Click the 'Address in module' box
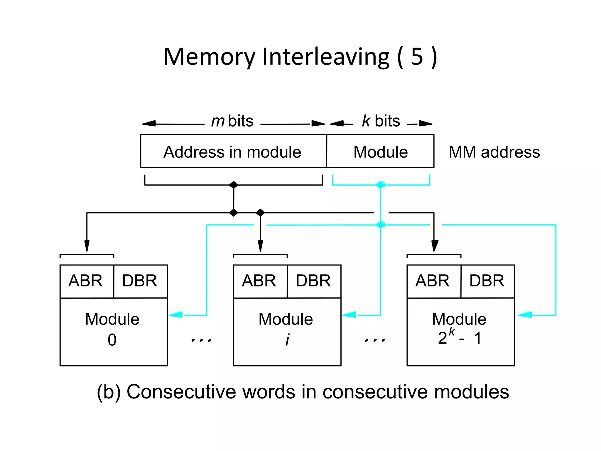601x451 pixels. (x=233, y=152)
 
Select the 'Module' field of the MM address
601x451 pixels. (x=380, y=152)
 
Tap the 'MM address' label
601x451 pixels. (x=494, y=152)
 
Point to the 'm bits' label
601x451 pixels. (x=232, y=121)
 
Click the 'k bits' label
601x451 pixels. (x=381, y=121)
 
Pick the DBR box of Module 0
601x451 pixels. (x=140, y=281)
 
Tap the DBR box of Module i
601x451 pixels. (x=314, y=281)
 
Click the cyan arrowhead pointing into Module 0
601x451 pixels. (x=176, y=315)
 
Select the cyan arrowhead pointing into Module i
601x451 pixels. (x=350, y=315)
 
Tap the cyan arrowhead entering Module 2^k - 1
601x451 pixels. (x=525, y=315)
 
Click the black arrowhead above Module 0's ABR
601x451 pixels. (x=87, y=246)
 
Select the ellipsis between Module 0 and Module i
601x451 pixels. (x=201, y=341)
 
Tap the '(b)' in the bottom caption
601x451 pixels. (x=109, y=392)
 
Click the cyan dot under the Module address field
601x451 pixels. (x=381, y=185)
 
